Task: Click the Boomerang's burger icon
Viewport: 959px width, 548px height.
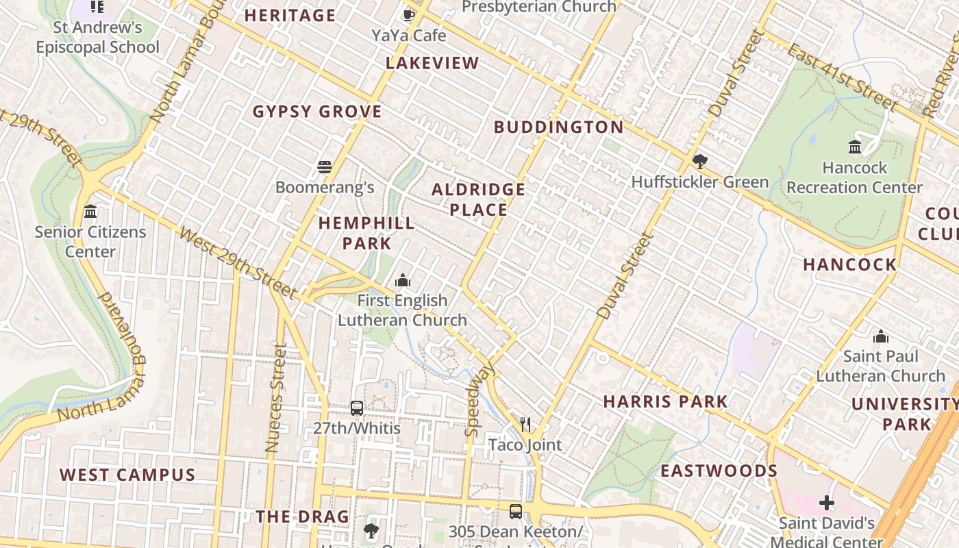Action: point(325,167)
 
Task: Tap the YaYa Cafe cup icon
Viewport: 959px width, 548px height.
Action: point(409,15)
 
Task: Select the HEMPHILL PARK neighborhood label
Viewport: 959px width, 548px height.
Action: point(366,233)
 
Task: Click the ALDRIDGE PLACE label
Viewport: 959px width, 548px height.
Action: point(479,199)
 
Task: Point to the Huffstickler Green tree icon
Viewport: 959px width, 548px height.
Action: point(699,162)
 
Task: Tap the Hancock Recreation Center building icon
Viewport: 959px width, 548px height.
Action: point(854,147)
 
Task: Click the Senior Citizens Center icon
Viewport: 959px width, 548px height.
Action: point(90,212)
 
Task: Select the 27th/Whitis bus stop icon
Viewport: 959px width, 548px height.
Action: point(356,408)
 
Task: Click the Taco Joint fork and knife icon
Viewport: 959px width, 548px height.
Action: point(525,425)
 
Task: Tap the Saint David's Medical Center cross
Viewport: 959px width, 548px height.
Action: point(827,503)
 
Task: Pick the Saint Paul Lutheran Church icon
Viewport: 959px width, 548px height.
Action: point(881,336)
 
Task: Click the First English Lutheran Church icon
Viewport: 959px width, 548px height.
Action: point(402,280)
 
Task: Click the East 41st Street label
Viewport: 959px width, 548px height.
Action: point(841,77)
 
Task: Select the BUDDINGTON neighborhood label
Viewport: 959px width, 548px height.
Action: point(559,127)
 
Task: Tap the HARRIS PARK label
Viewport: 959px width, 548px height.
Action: point(665,401)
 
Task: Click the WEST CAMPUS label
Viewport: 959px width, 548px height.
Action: point(127,475)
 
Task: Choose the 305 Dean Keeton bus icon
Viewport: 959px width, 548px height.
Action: point(515,511)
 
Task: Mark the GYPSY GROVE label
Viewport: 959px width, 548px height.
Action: point(317,112)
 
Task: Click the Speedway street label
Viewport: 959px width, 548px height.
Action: point(480,401)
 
